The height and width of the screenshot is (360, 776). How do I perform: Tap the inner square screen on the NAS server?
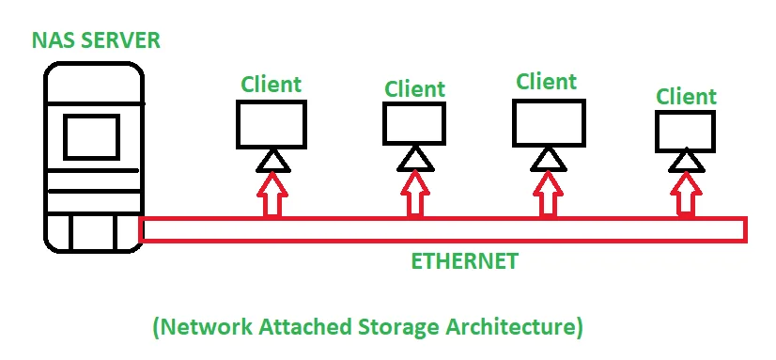click(91, 136)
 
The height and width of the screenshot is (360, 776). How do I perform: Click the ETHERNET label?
click(464, 261)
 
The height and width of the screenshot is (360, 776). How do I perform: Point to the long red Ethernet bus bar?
click(442, 229)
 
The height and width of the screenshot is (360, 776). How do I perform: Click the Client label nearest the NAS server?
click(271, 85)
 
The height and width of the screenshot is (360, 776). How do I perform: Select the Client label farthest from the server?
click(686, 96)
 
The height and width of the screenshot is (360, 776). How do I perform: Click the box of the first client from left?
click(271, 123)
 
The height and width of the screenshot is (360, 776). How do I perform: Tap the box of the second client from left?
click(413, 124)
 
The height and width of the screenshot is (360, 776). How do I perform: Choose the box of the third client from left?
click(549, 122)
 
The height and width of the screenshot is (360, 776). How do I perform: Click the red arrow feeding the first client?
click(271, 198)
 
